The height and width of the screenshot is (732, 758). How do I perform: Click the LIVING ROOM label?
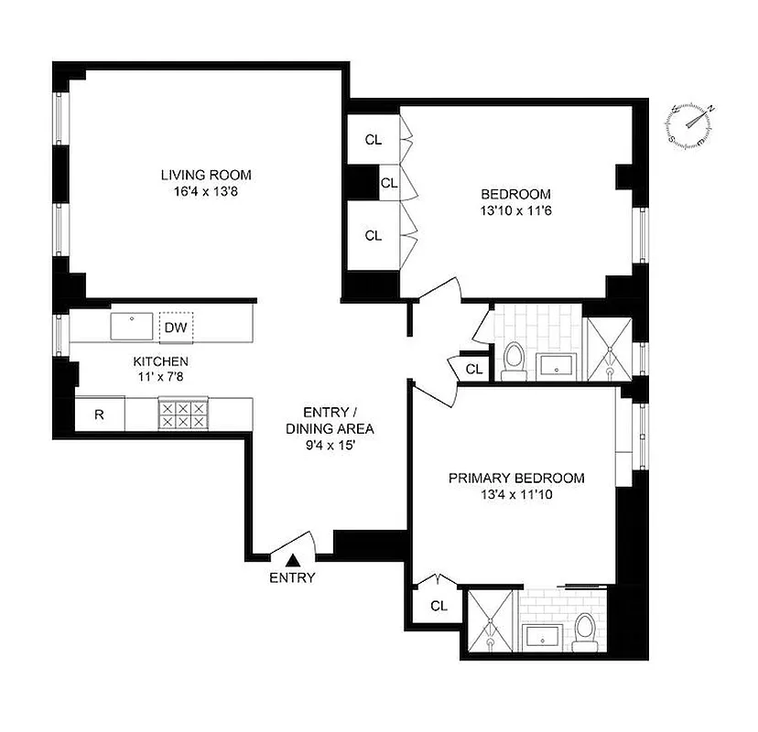click(x=205, y=175)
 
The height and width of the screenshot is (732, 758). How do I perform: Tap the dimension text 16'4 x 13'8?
click(x=205, y=192)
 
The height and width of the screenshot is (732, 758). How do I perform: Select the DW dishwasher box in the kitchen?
click(x=176, y=327)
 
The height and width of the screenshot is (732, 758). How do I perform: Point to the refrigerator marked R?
click(x=99, y=414)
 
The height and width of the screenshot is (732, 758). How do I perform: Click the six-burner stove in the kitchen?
click(x=181, y=414)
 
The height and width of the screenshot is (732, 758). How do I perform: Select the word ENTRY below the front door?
click(x=292, y=577)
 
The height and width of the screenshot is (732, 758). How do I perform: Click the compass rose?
click(x=692, y=125)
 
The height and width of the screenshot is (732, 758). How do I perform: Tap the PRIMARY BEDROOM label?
click(x=516, y=478)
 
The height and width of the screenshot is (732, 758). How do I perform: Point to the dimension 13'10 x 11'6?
click(x=516, y=211)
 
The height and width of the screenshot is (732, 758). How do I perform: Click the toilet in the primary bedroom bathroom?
click(x=584, y=630)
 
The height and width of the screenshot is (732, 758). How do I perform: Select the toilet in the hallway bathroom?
click(x=514, y=359)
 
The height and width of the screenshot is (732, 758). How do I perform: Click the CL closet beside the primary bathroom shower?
click(x=439, y=605)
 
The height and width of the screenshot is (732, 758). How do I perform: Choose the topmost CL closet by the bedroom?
click(x=373, y=140)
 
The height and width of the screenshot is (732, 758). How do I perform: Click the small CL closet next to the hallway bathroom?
click(x=473, y=369)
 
